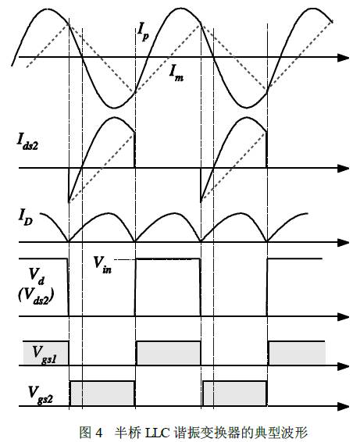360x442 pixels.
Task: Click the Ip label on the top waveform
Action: pos(144,31)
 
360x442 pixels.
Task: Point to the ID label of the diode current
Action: pos(25,218)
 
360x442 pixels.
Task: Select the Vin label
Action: pos(102,265)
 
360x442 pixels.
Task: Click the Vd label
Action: pos(37,276)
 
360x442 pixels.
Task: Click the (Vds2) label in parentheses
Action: pos(36,296)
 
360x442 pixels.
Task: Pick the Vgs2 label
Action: pos(41,394)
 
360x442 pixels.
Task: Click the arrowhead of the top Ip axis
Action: pos(344,58)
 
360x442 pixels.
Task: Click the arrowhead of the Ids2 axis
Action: pos(344,168)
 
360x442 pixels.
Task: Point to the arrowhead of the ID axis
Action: pos(344,242)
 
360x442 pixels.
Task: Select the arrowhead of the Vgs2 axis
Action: pos(344,406)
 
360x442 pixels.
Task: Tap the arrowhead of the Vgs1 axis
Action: pos(344,366)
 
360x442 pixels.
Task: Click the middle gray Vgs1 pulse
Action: pos(169,353)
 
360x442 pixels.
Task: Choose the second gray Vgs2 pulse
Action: pos(235,394)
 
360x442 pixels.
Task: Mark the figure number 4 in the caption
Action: pos(98,432)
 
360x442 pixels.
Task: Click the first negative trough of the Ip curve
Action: pos(114,108)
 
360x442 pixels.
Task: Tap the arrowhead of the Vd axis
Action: pos(344,316)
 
